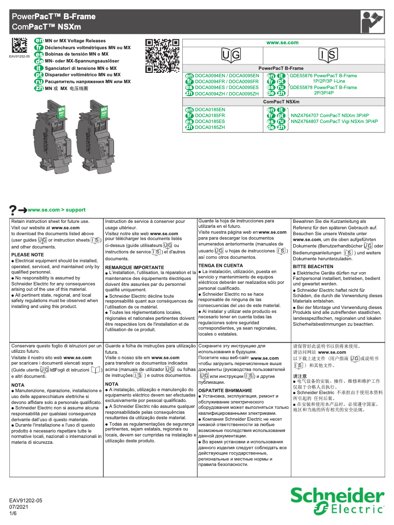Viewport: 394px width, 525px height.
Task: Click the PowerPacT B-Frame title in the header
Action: [54, 16]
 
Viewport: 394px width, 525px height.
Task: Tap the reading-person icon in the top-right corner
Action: [372, 22]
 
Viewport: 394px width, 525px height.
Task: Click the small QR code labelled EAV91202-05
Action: [20, 46]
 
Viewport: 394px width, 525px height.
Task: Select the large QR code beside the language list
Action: [162, 55]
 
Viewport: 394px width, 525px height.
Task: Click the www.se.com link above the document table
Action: [282, 43]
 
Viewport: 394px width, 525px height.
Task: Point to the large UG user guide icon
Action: [230, 55]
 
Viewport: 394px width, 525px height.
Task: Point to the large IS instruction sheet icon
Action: [328, 55]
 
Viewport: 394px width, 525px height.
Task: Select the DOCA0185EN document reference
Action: [210, 109]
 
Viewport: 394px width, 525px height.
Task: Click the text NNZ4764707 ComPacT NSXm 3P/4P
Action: [324, 115]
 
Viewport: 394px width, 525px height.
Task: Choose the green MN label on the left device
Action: [61, 111]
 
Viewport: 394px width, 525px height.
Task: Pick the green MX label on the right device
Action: [104, 111]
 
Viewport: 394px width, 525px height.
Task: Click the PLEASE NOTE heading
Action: [28, 255]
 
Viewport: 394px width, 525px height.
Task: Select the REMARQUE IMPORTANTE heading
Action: [134, 267]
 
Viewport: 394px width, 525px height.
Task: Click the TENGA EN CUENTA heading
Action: [221, 266]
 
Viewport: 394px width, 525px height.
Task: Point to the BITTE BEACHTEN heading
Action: [313, 266]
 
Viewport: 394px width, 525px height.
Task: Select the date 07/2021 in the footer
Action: [19, 507]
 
